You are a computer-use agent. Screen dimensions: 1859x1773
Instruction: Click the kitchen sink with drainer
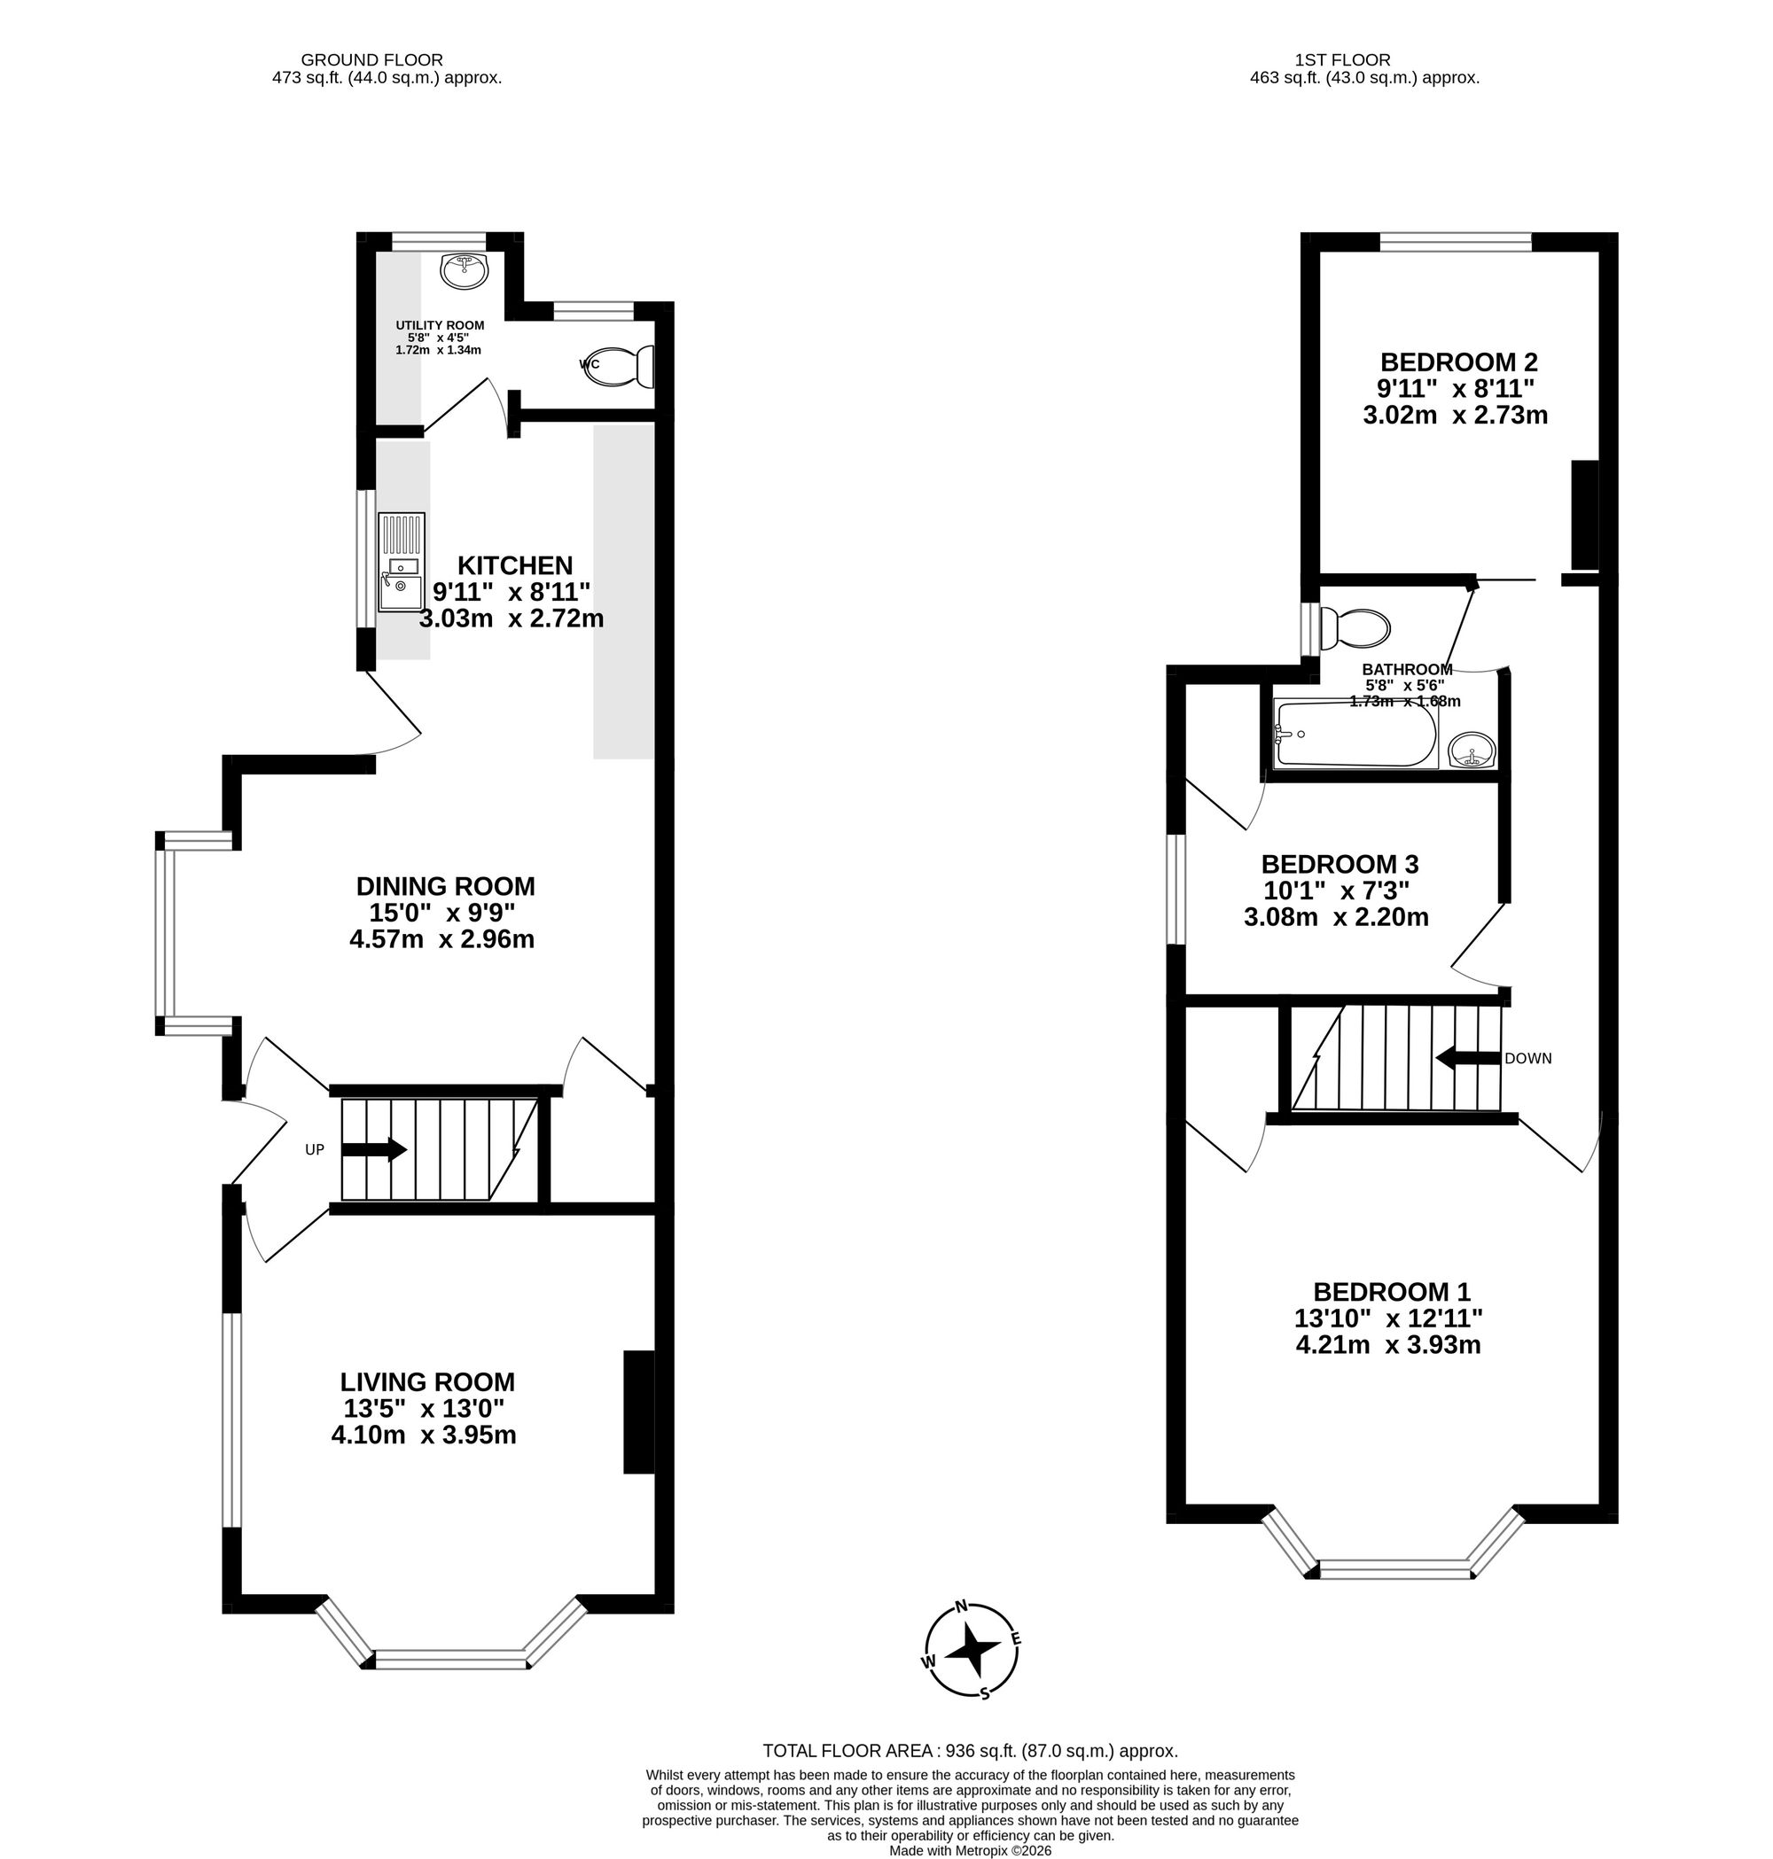(x=402, y=562)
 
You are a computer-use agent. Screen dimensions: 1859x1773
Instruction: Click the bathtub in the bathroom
(x=1355, y=733)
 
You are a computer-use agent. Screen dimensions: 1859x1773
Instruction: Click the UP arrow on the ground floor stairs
(x=373, y=1149)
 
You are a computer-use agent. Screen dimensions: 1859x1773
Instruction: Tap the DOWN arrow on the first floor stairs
(x=1468, y=1058)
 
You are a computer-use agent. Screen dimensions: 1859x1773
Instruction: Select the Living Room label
(x=427, y=1381)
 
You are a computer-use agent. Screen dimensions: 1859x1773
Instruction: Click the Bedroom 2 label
(x=1458, y=362)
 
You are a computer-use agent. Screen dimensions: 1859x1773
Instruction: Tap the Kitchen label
(x=515, y=565)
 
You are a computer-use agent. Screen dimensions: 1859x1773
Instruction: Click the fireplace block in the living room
(x=639, y=1412)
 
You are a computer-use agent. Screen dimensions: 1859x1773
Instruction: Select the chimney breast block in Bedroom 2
(x=1584, y=514)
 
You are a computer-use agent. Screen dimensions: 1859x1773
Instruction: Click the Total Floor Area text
(x=970, y=1750)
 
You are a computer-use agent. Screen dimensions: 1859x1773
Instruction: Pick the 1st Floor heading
(x=1363, y=60)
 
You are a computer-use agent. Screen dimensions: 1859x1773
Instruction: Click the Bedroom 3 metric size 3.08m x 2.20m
(x=1335, y=916)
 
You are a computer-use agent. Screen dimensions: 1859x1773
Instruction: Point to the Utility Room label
(x=440, y=325)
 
